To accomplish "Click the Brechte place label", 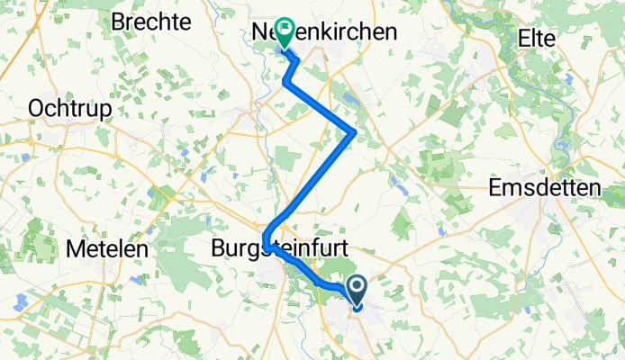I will [x=150, y=22].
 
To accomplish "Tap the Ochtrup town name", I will [x=70, y=109].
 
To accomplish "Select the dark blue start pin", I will [x=357, y=291].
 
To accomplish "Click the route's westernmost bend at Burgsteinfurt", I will [x=266, y=240].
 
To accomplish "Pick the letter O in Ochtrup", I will [x=38, y=109].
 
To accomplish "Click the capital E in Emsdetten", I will [x=494, y=189].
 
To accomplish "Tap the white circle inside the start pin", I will [x=357, y=288].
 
